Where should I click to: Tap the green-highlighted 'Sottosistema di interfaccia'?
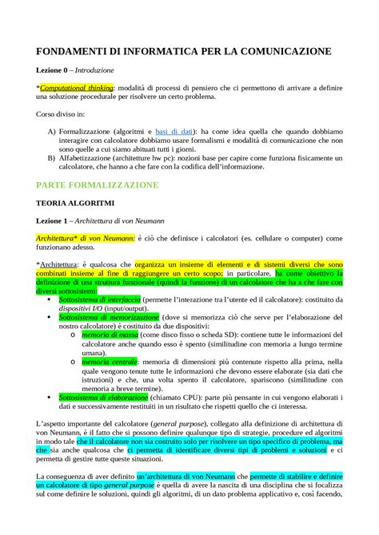(x=100, y=298)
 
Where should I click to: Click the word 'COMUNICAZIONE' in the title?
(x=284, y=52)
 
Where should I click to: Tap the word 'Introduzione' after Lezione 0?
(x=112, y=70)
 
